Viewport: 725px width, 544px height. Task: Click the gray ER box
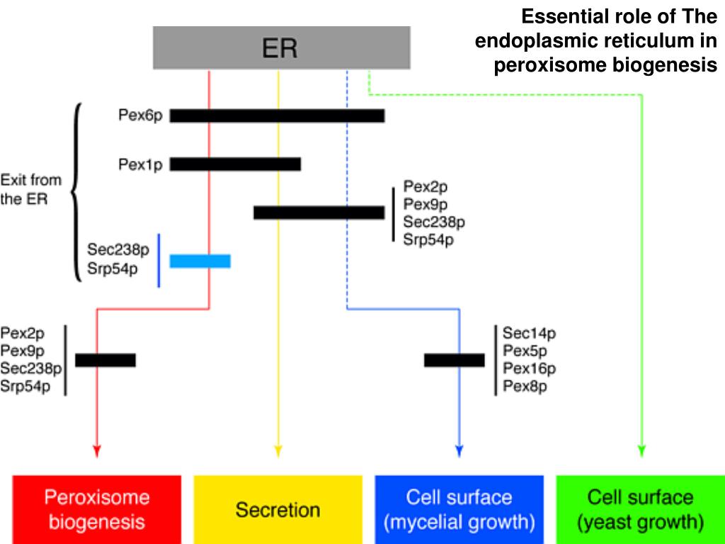[x=282, y=47]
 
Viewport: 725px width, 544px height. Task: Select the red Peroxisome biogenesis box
[x=96, y=509]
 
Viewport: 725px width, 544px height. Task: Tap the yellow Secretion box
[x=278, y=509]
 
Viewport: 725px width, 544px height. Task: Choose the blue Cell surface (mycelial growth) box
[x=459, y=509]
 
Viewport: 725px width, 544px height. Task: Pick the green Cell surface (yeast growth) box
[x=640, y=509]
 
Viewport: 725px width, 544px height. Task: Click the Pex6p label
[x=141, y=115]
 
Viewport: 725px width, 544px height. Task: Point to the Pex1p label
[x=141, y=164]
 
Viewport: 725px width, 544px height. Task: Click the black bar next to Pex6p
[x=277, y=115]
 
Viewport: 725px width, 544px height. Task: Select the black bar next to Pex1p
[x=235, y=164]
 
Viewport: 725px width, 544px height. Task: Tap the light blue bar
[x=200, y=261]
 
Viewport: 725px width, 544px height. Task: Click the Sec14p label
[x=529, y=333]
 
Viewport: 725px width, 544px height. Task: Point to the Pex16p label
[x=529, y=368]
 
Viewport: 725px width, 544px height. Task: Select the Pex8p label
[x=525, y=386]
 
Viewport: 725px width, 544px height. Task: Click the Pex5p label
[x=525, y=351]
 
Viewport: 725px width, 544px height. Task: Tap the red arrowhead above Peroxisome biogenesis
[x=96, y=451]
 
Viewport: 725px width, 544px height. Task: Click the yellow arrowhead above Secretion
[x=278, y=451]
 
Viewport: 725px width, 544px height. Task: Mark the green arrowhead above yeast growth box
[x=641, y=451]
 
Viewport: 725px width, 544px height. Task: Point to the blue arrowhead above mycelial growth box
[x=459, y=451]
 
